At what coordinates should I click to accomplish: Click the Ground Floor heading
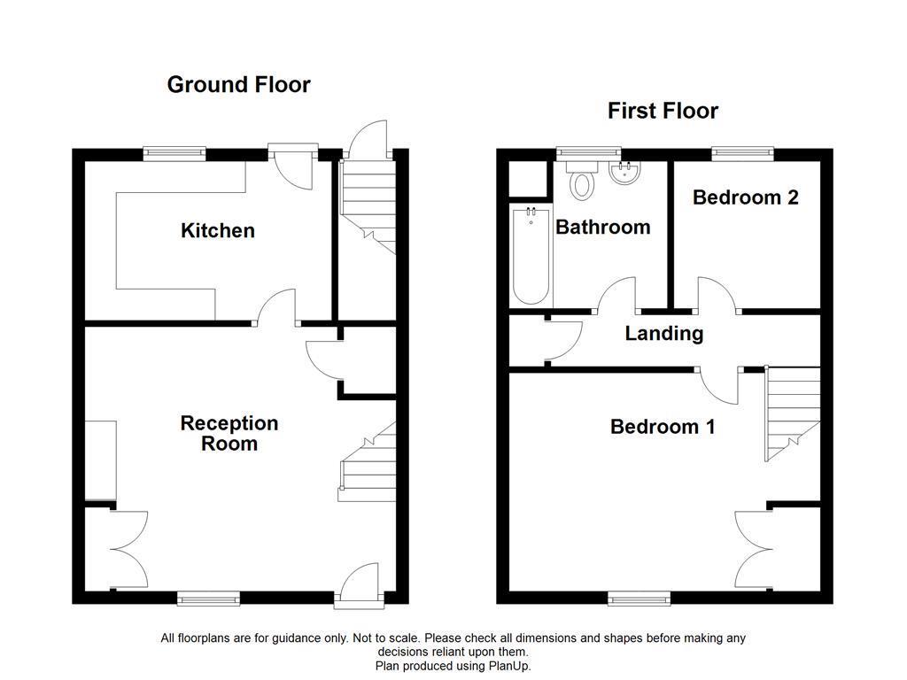click(x=238, y=85)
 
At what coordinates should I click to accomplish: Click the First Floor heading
click(x=663, y=111)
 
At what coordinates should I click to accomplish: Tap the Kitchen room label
click(x=218, y=231)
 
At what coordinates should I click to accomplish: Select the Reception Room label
click(x=229, y=434)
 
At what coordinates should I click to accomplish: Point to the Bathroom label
click(x=602, y=228)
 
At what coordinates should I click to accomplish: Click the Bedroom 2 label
click(x=745, y=197)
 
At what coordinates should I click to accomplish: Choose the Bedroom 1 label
click(x=663, y=427)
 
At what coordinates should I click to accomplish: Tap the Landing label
click(x=663, y=334)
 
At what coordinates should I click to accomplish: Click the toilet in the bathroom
click(x=582, y=182)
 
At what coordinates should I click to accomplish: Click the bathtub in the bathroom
click(x=531, y=257)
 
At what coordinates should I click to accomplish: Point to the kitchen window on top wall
click(x=174, y=153)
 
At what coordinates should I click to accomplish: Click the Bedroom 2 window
click(x=743, y=153)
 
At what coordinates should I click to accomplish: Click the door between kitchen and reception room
click(x=278, y=308)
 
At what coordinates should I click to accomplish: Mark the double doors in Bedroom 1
click(x=753, y=546)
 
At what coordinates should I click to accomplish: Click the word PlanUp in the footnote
click(x=509, y=666)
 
